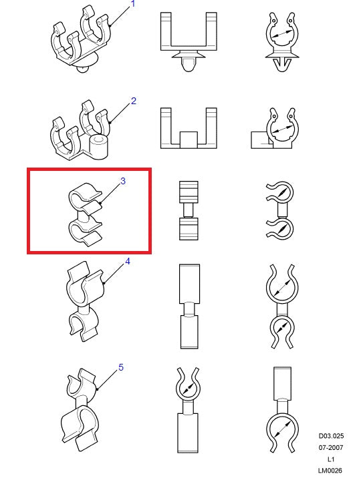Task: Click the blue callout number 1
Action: (x=133, y=4)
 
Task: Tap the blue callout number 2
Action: (x=133, y=101)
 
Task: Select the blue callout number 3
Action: (x=123, y=181)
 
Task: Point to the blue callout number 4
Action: (x=128, y=261)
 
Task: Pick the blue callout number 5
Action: (x=121, y=367)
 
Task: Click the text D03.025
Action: (x=331, y=436)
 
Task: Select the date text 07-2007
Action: (x=331, y=447)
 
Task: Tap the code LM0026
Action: (x=330, y=471)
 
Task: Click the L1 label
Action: (x=331, y=459)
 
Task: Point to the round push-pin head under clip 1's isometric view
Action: (x=82, y=69)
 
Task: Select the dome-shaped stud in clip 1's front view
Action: (x=189, y=64)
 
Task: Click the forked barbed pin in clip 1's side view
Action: (x=281, y=65)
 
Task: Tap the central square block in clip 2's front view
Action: (x=189, y=140)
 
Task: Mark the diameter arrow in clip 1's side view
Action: (x=281, y=34)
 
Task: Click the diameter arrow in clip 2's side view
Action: (x=281, y=130)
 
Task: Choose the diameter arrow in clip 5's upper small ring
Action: (x=188, y=389)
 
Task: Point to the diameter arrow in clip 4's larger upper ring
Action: (x=281, y=288)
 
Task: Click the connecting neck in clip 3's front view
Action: (x=189, y=210)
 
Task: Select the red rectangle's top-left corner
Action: (x=28, y=169)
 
